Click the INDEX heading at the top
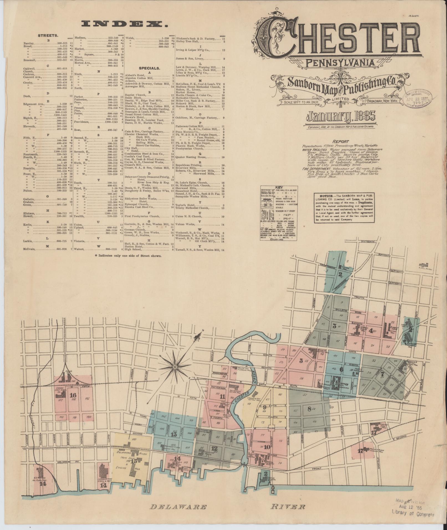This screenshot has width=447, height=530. click(124, 25)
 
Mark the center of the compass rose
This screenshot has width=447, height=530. click(175, 367)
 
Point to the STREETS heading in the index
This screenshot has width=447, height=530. click(48, 35)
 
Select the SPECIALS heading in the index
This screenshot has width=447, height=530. click(149, 68)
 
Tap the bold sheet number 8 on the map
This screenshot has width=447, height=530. click(309, 409)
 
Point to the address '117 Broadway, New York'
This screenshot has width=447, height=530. click(379, 101)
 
